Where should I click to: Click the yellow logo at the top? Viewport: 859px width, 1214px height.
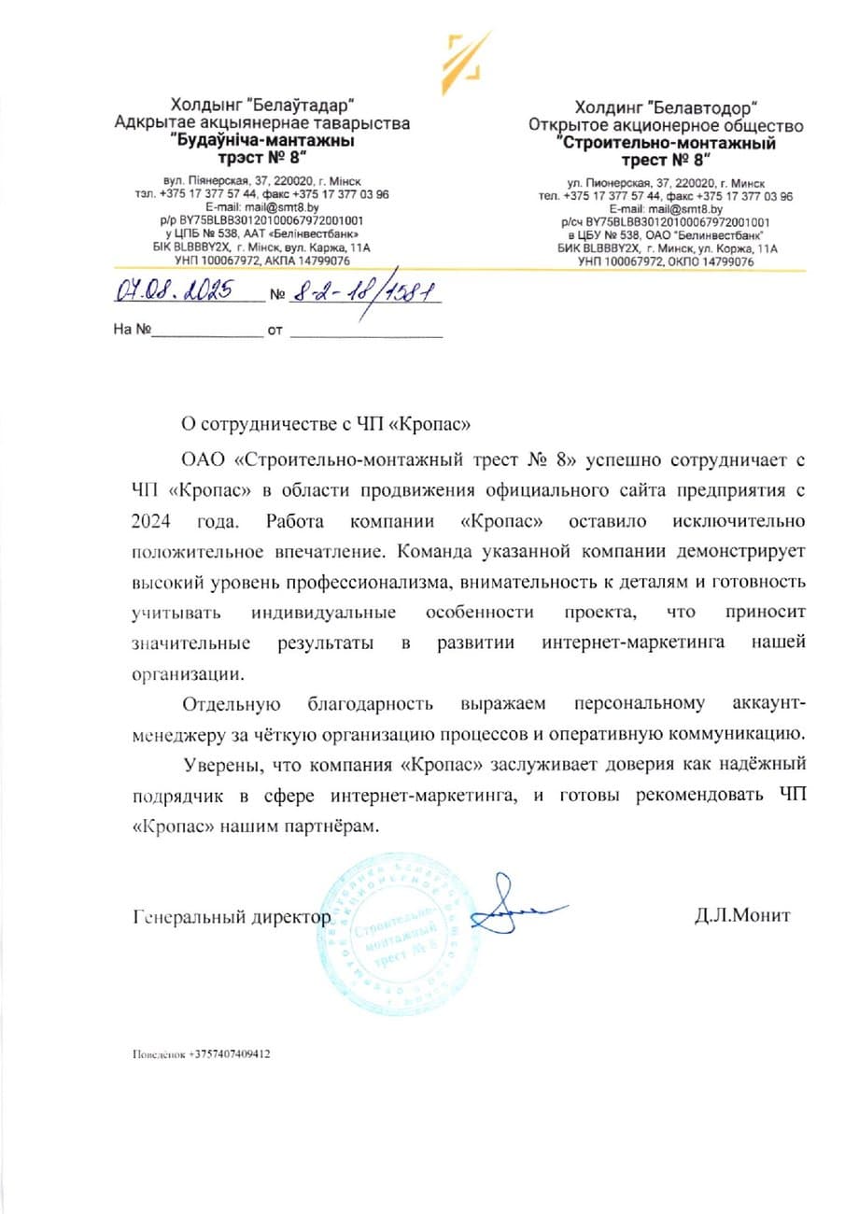point(464,55)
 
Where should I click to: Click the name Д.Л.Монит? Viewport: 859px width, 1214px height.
point(741,915)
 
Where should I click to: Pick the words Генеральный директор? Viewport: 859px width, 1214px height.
point(232,916)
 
